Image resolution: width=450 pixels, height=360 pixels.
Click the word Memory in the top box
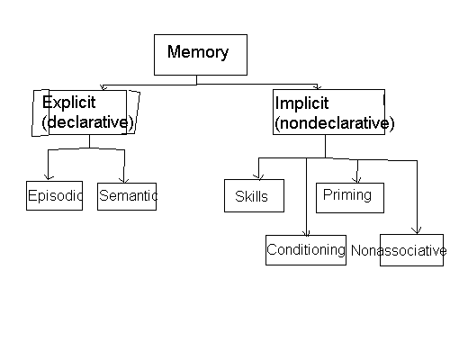(x=198, y=52)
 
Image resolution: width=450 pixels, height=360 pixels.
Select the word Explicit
(x=68, y=103)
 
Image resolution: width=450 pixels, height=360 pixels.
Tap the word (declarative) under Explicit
(x=87, y=122)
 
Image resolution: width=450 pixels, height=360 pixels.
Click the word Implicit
(x=301, y=103)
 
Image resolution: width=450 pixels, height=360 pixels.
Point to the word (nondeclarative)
(x=335, y=123)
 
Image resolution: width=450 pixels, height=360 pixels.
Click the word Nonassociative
(x=399, y=250)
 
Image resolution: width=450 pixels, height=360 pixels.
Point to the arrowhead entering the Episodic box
(x=49, y=177)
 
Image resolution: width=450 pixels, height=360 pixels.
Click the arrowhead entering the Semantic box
(x=124, y=180)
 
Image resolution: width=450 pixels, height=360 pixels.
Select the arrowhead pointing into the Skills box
(x=258, y=176)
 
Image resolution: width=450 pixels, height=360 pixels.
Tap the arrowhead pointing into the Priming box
(x=356, y=180)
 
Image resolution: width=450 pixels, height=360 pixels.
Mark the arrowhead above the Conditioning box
(x=306, y=233)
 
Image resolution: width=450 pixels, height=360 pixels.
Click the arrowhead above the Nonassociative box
(x=417, y=230)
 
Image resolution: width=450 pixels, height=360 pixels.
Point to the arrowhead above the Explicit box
(x=103, y=87)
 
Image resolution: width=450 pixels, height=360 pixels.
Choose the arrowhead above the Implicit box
(x=317, y=86)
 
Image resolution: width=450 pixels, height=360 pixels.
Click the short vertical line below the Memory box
(x=197, y=80)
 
